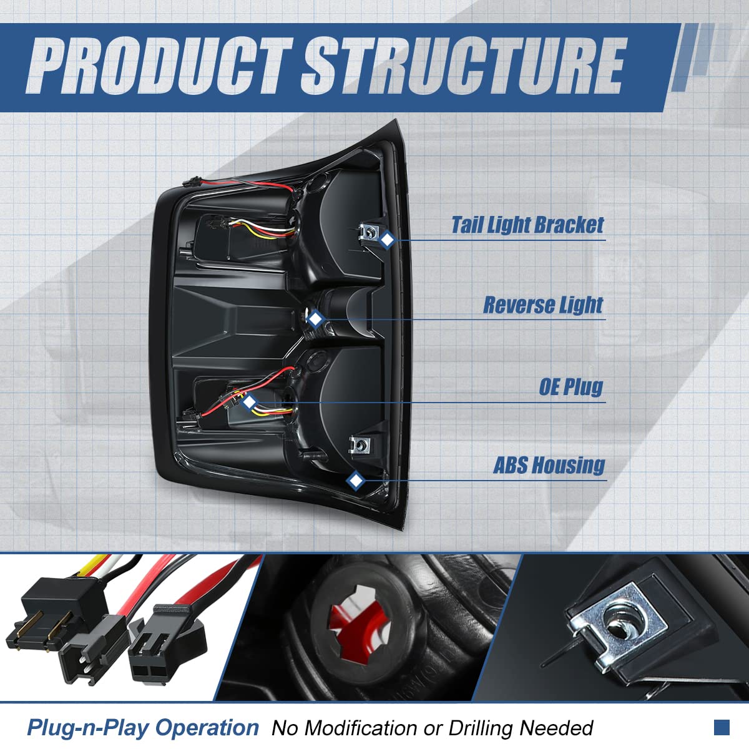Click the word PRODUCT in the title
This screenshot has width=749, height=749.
tap(159, 66)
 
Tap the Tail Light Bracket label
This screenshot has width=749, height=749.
tap(527, 225)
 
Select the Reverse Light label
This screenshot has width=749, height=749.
tap(543, 305)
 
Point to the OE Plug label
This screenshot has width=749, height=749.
tap(571, 387)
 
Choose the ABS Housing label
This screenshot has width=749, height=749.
tap(549, 466)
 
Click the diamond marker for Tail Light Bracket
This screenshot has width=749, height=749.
tap(388, 240)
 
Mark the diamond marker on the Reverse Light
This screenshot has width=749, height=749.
tap(316, 320)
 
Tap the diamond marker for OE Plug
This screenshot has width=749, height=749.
tap(250, 402)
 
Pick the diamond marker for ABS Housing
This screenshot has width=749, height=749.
tap(355, 480)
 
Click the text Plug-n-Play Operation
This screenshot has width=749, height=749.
tap(142, 728)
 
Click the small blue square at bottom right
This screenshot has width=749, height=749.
tap(722, 727)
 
